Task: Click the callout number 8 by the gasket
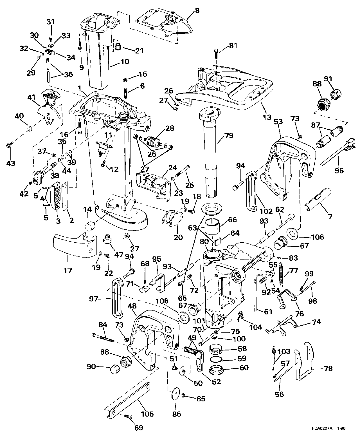[x=197, y=11]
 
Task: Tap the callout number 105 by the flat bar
[x=147, y=414]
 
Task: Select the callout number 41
[x=31, y=97]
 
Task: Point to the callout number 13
[x=267, y=117]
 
